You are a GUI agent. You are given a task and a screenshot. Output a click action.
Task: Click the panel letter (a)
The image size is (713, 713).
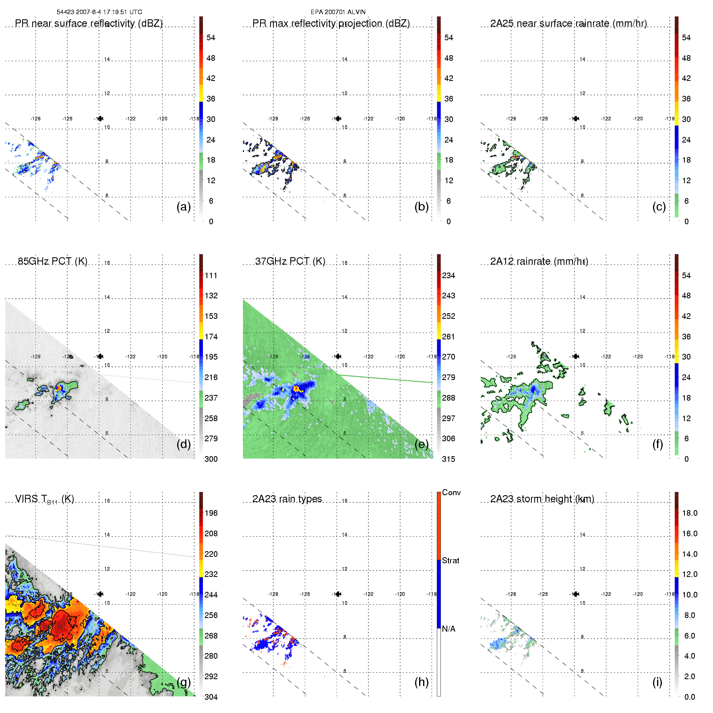coord(184,207)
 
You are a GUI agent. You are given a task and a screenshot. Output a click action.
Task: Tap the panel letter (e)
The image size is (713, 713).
coord(422,444)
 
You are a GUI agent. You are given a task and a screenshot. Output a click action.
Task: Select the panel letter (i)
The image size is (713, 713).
coord(657,682)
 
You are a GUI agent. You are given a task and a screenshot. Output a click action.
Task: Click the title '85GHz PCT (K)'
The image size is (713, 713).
coord(52,261)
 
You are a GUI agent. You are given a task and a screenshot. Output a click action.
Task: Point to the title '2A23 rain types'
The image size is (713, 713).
coord(287,499)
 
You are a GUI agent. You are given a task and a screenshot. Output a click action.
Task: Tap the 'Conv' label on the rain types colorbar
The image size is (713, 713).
coord(451,492)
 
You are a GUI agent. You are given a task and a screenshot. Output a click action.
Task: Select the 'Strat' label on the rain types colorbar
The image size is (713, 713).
coord(451,560)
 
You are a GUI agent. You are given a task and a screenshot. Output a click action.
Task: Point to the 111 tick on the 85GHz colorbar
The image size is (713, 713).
coord(211,275)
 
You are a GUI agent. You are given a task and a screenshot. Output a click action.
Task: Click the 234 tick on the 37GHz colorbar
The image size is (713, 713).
coord(448,275)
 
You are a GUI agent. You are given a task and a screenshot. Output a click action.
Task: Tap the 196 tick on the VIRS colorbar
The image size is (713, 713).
coord(211,513)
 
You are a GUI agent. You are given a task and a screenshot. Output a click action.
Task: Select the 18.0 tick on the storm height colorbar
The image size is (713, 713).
coord(690,513)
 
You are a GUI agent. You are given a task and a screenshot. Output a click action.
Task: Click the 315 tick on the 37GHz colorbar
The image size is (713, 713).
coord(448,459)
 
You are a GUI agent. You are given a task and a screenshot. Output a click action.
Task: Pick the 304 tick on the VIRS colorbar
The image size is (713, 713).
coord(211,697)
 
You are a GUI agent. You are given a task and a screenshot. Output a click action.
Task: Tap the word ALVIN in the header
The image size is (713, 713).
coord(357,12)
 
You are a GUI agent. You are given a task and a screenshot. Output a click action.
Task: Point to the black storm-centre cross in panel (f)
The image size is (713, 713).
coord(576,356)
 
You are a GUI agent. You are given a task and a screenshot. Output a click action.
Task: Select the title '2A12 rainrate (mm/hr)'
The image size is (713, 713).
coord(539,261)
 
